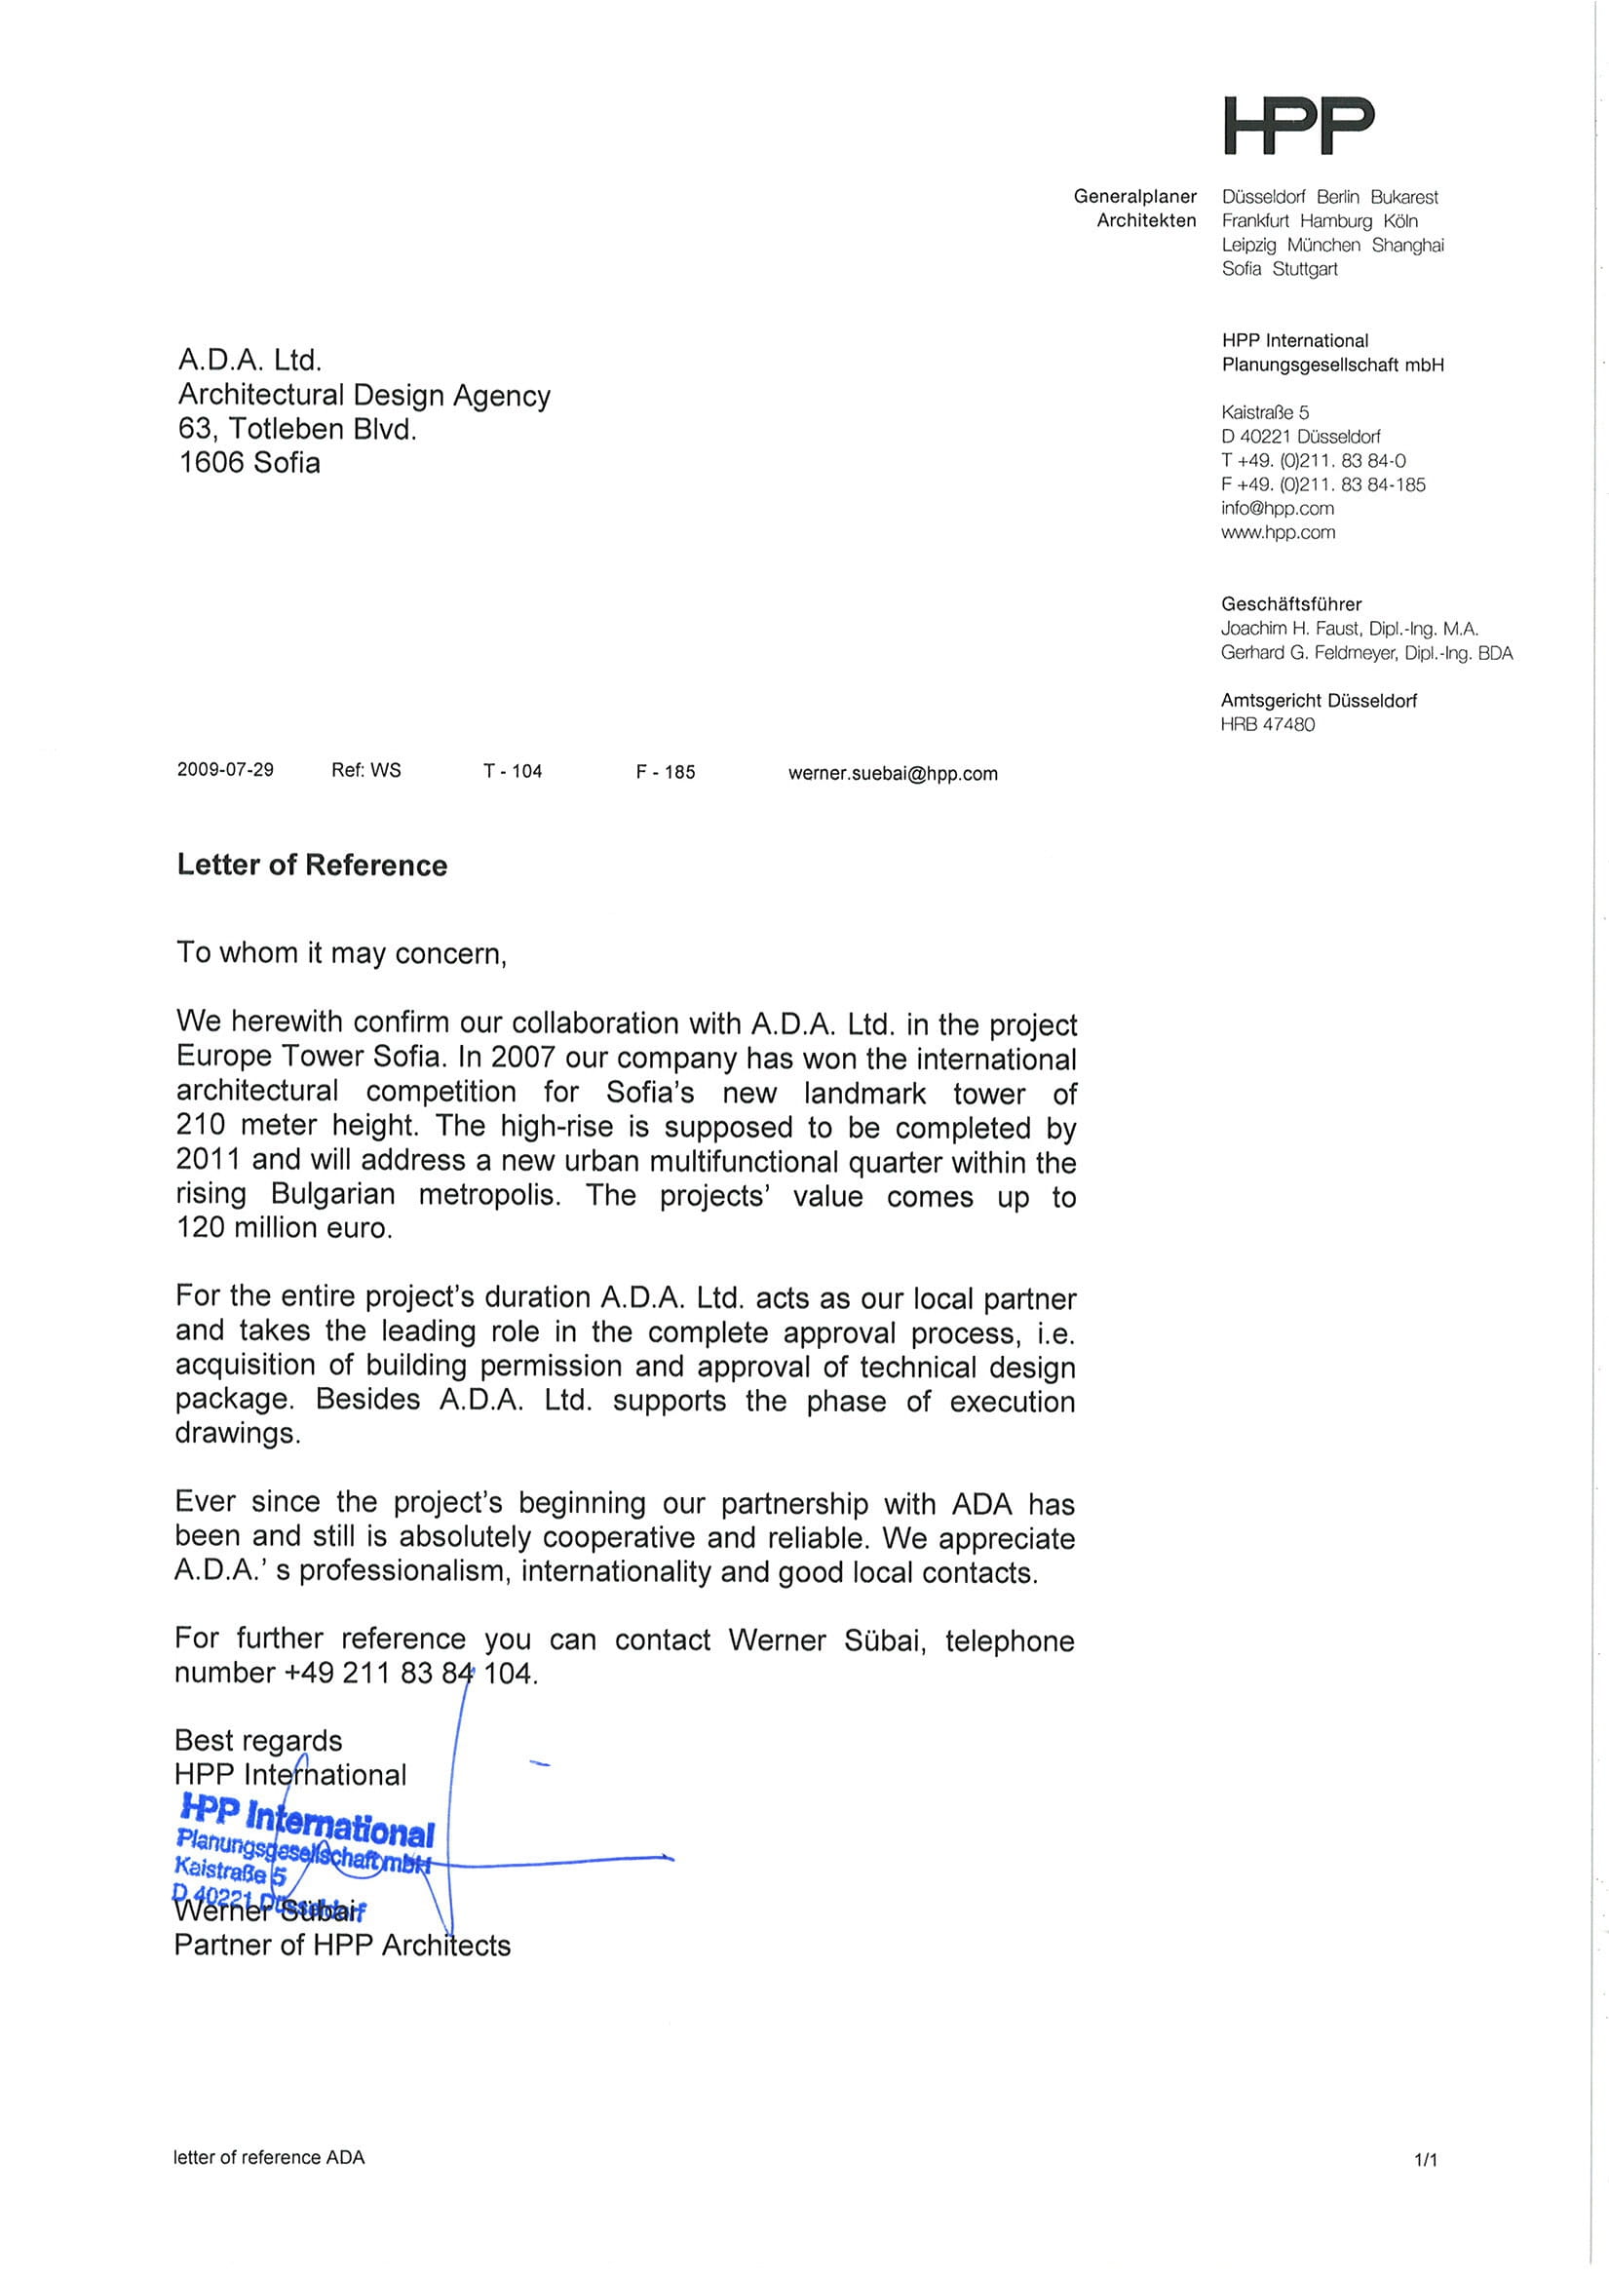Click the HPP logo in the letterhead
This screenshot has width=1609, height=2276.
click(1298, 126)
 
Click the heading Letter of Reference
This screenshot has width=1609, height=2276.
click(312, 866)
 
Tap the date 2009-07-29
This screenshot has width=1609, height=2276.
click(225, 770)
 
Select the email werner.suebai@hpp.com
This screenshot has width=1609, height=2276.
click(893, 774)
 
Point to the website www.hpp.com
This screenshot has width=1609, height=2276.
click(1278, 533)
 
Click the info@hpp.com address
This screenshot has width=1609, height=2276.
click(1277, 509)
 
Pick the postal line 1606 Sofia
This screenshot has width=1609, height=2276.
click(249, 463)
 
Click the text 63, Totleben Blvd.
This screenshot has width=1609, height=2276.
click(297, 429)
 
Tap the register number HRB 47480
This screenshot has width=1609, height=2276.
click(1267, 724)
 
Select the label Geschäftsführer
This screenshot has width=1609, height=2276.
click(1290, 603)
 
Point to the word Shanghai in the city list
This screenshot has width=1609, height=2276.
click(1406, 245)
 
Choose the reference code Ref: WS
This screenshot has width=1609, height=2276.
click(365, 770)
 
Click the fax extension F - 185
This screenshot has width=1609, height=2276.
click(666, 772)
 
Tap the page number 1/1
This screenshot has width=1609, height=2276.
click(1425, 2159)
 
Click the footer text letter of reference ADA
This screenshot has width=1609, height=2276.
click(269, 2157)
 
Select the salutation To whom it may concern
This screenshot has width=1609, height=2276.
click(341, 953)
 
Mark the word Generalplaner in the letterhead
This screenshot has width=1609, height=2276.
click(1134, 197)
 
